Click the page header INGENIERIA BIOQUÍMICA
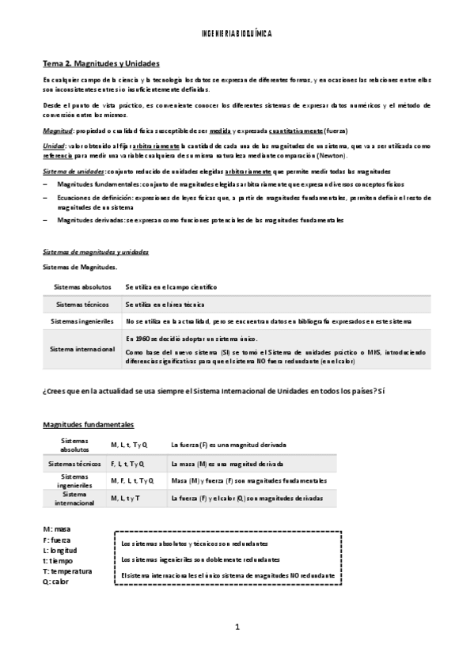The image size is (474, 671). tap(237, 35)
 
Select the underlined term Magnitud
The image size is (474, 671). tap(58, 131)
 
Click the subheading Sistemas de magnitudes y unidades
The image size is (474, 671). tap(95, 252)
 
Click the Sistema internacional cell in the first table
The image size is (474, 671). tap(82, 349)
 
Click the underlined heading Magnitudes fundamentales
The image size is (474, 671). tap(88, 425)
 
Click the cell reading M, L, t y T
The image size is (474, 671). tap(125, 499)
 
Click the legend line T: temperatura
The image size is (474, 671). tap(67, 571)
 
